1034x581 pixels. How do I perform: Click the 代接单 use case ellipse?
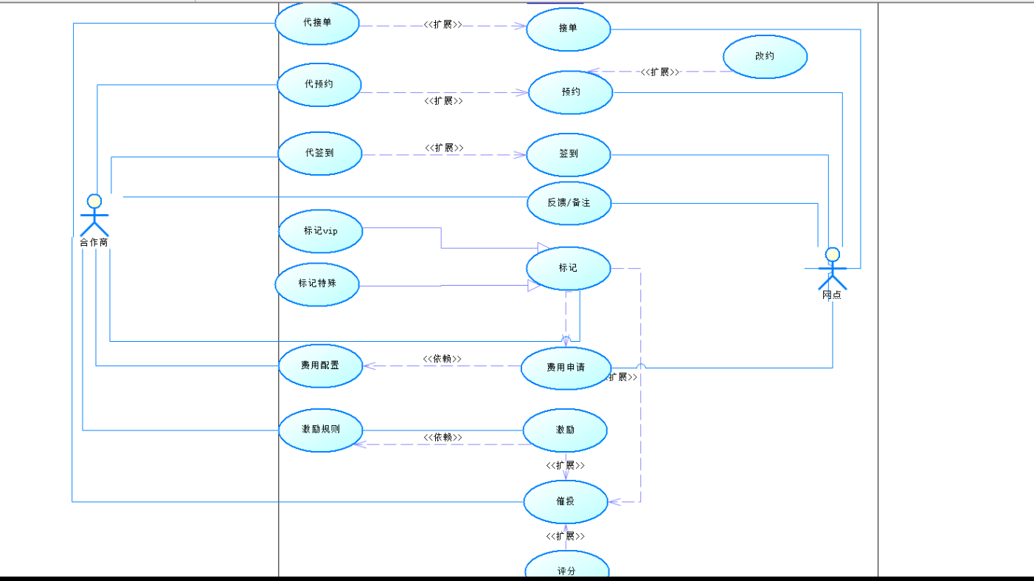(x=317, y=23)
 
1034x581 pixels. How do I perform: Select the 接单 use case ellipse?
(x=569, y=30)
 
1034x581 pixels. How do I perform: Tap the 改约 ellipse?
(x=765, y=56)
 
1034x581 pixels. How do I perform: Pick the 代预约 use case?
(x=319, y=84)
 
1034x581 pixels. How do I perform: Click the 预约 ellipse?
(x=571, y=92)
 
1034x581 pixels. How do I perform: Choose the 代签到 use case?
(x=319, y=154)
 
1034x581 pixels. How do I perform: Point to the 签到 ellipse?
(x=569, y=154)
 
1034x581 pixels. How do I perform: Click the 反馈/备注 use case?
(x=569, y=202)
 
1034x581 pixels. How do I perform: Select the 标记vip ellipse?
(x=321, y=231)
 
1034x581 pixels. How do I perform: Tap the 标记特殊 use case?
(x=317, y=283)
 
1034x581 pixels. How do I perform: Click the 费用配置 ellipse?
(x=320, y=365)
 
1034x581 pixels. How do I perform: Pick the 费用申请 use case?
(x=566, y=367)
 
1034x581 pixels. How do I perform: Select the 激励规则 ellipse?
(x=320, y=429)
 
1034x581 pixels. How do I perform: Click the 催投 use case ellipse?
(x=565, y=501)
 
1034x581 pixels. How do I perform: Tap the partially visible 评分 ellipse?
(x=566, y=568)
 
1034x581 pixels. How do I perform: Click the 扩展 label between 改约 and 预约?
(x=659, y=72)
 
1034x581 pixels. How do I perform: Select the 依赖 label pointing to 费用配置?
(x=443, y=359)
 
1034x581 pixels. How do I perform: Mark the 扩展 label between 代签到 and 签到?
(x=444, y=148)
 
